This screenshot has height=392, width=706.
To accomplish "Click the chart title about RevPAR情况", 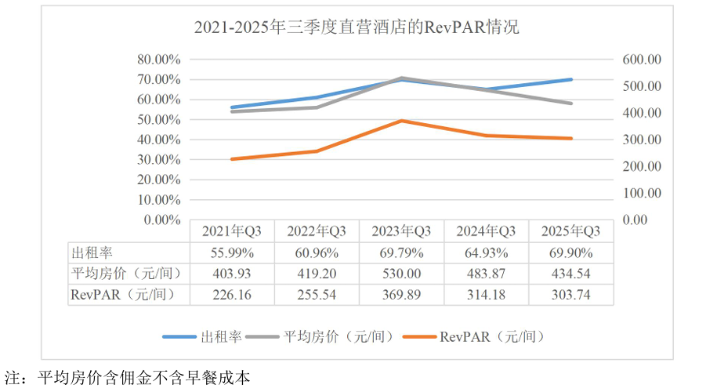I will [357, 28].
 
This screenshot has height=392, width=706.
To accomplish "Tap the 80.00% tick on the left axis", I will [159, 59].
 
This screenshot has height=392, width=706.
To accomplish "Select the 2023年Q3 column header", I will [402, 230].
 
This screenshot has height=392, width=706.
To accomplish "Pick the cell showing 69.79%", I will [402, 252].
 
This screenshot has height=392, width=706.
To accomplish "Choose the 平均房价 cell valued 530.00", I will [402, 274].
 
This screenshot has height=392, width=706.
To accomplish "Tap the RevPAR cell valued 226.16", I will [233, 295].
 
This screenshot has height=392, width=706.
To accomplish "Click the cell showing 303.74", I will [571, 295].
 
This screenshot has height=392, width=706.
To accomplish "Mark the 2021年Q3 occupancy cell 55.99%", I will [233, 252].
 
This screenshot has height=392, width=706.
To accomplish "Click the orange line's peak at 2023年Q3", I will [402, 121].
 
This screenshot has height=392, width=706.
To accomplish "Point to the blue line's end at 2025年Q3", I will [571, 79].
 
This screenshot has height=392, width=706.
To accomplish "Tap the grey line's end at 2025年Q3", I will [571, 103].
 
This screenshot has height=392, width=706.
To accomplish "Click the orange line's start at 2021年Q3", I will [233, 159].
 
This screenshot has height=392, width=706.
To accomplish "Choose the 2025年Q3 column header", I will [571, 230].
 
